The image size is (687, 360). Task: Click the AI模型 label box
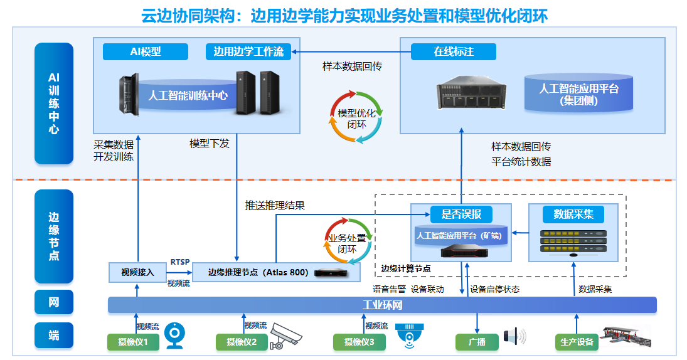pyautogui.click(x=146, y=52)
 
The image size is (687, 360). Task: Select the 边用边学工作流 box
pyautogui.click(x=248, y=52)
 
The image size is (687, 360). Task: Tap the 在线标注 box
pyautogui.click(x=453, y=52)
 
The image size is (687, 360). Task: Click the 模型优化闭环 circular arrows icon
pyautogui.click(x=356, y=117)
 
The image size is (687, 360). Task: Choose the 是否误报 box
pyautogui.click(x=461, y=214)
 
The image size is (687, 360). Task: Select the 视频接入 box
pyautogui.click(x=137, y=272)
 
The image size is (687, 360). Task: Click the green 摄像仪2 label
pyautogui.click(x=242, y=342)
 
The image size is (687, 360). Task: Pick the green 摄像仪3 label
pyautogui.click(x=359, y=342)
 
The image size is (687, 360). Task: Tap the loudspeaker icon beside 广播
pyautogui.click(x=514, y=337)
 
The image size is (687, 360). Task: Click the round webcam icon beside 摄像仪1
pyautogui.click(x=174, y=336)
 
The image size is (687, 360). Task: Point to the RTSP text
pyautogui.click(x=180, y=262)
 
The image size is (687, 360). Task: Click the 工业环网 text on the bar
pyautogui.click(x=382, y=305)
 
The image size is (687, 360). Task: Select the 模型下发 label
pyautogui.click(x=210, y=144)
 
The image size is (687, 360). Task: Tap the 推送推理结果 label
pyautogui.click(x=275, y=205)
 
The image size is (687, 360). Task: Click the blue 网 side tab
pyautogui.click(x=54, y=302)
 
